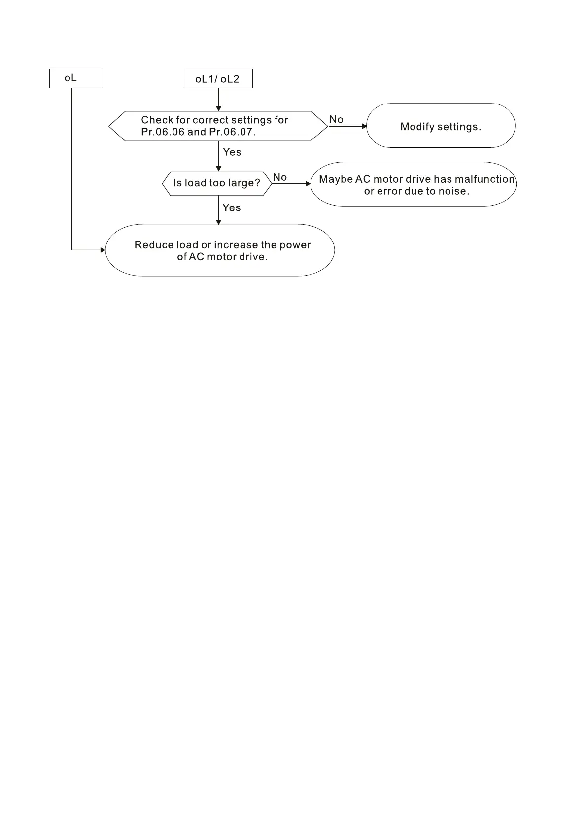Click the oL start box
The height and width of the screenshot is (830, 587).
(75, 78)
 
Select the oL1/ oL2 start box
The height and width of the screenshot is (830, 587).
(218, 79)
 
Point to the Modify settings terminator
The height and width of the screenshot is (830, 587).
(441, 126)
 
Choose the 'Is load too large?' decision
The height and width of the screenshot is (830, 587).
(217, 183)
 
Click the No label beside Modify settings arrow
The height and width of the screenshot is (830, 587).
(336, 119)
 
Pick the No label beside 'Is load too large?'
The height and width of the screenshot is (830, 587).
(280, 177)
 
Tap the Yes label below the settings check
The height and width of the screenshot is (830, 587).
(232, 152)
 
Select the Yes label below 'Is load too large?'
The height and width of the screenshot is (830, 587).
(231, 207)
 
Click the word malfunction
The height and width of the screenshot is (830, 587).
(485, 179)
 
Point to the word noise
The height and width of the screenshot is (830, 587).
(453, 191)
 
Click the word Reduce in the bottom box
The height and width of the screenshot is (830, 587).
(154, 245)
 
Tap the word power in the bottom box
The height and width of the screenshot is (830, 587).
(295, 245)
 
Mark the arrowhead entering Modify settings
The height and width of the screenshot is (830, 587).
(364, 126)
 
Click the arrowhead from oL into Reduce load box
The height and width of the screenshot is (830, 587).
(103, 250)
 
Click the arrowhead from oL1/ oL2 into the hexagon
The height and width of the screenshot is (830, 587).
(219, 108)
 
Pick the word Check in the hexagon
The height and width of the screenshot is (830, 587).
(157, 120)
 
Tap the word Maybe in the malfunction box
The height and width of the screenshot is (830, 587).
(336, 179)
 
